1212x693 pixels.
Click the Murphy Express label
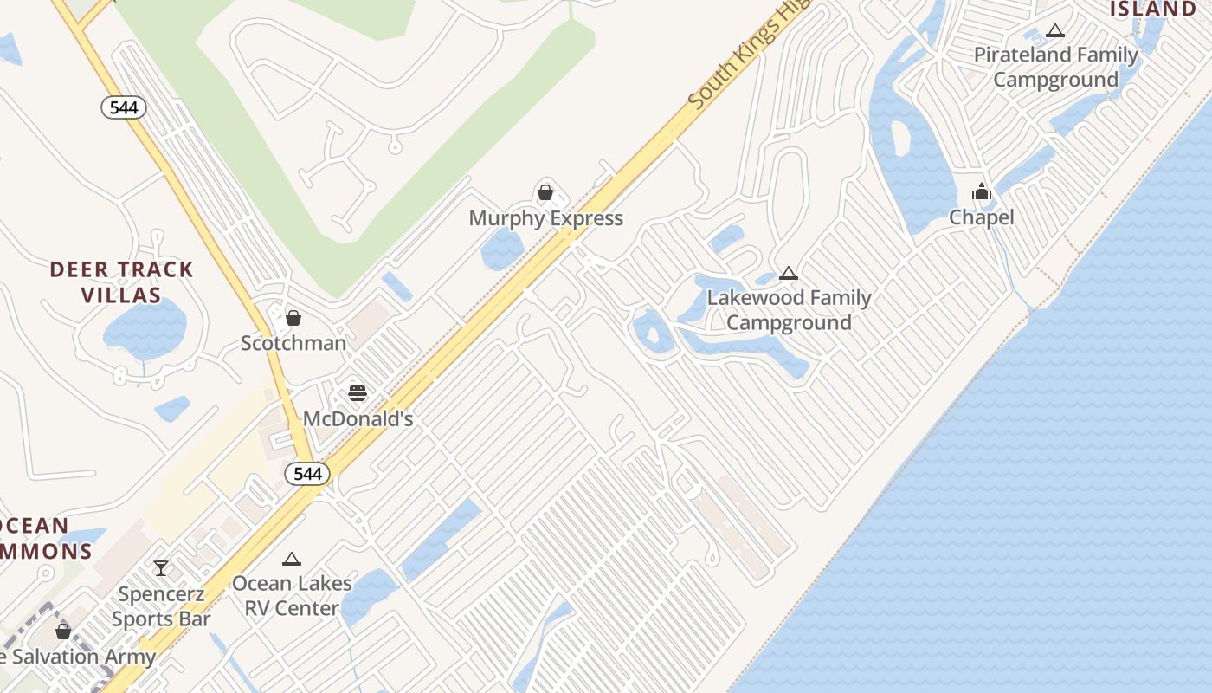tap(545, 218)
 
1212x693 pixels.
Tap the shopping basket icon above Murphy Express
tap(545, 191)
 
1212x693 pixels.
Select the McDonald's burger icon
tap(358, 393)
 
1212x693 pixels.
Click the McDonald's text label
tap(358, 419)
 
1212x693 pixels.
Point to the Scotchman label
tap(293, 343)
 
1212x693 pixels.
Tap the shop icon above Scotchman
tap(293, 317)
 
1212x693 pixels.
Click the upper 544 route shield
tap(124, 107)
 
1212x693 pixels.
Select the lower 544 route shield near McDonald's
tap(307, 474)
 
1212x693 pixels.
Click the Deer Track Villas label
tap(122, 282)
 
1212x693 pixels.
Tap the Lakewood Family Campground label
tap(789, 310)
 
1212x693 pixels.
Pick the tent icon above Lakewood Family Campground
tap(788, 274)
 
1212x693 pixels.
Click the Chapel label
tap(981, 217)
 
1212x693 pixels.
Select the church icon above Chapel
tap(981, 191)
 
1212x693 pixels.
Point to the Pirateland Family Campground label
tap(1055, 68)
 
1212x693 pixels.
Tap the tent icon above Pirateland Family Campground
tap(1054, 31)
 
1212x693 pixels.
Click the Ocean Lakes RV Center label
tap(292, 596)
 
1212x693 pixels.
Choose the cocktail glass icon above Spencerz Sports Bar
tap(161, 568)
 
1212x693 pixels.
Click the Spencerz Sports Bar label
tap(162, 606)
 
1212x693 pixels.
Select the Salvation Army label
tap(83, 657)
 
